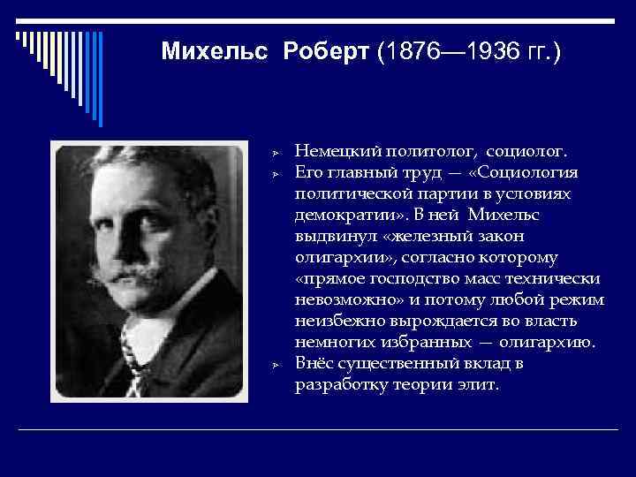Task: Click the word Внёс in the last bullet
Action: click(314, 364)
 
